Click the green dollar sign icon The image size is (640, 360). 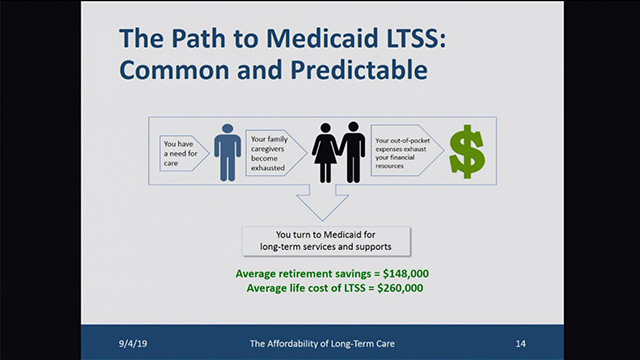click(465, 152)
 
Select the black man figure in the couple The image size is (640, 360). click(352, 152)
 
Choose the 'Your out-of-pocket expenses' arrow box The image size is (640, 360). click(405, 148)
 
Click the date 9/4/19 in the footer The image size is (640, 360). click(134, 342)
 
